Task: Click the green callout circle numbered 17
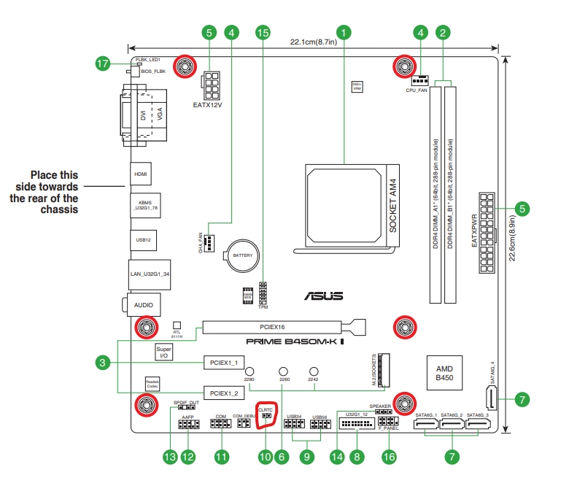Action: coord(103,64)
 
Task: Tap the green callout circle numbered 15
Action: coord(263,32)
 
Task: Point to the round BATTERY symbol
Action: coord(242,256)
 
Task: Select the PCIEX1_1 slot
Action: coord(224,362)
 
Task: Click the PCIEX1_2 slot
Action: coord(224,393)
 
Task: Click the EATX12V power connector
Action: coord(212,86)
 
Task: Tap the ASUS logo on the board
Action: coord(324,296)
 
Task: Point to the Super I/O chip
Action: coord(164,353)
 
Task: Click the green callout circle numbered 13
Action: coord(170,457)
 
